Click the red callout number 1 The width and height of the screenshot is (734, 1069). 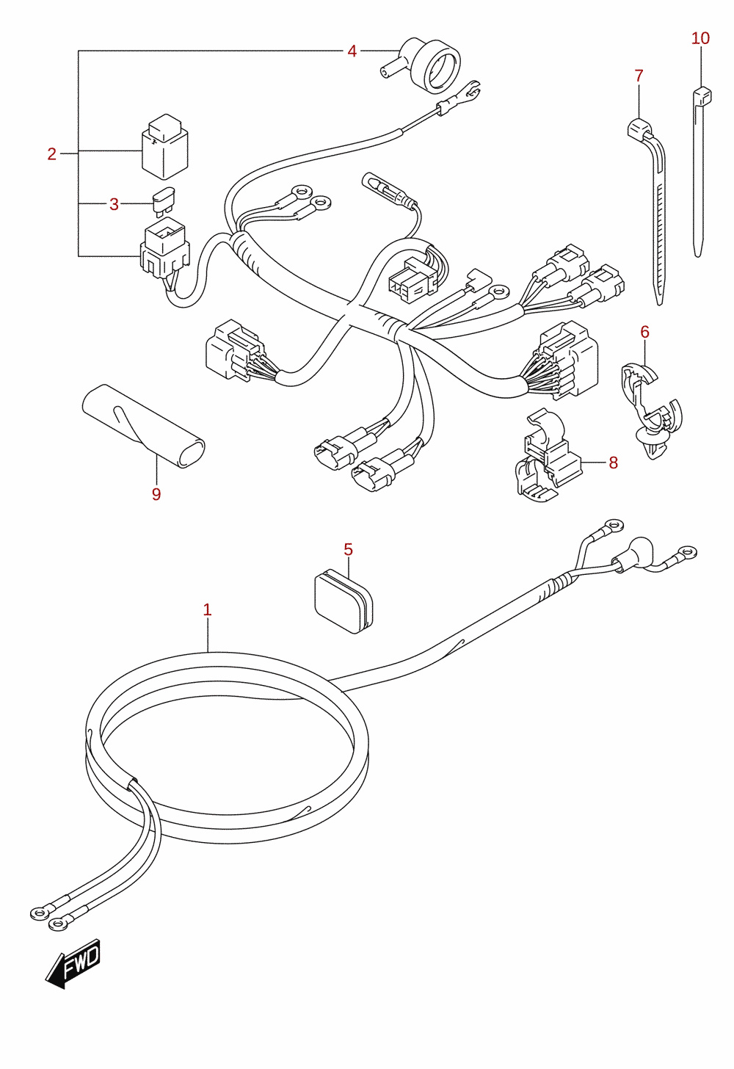point(207,609)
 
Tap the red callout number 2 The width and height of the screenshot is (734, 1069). point(51,153)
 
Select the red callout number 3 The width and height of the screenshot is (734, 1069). point(114,204)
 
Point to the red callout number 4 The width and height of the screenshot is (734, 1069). point(352,51)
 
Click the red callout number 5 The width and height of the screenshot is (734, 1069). point(348,549)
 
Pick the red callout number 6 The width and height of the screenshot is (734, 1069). point(644,332)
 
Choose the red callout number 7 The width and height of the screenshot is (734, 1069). point(639,76)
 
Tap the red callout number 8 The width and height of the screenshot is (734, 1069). point(614,463)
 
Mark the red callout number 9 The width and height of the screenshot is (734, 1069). point(156,494)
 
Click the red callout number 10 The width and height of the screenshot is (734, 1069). point(700,38)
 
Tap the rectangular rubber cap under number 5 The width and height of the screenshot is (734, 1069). point(344,601)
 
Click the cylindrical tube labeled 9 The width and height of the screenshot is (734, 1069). point(143,426)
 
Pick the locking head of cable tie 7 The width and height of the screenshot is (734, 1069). point(639,129)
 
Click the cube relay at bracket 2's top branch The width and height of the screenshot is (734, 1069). point(164,147)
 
